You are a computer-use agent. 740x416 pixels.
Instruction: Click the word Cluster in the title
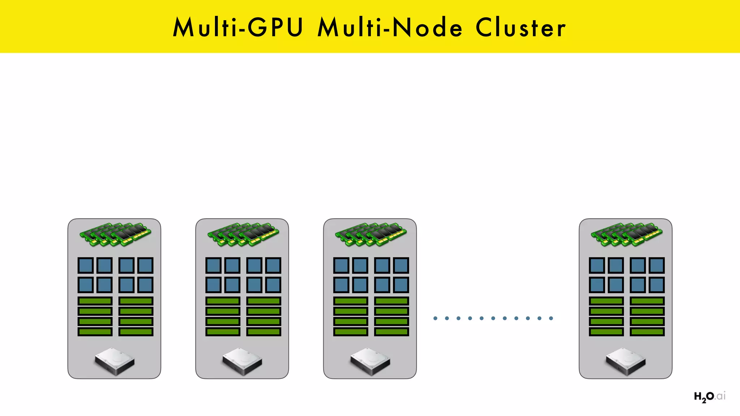520,27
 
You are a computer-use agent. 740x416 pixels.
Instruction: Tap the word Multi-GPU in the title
238,27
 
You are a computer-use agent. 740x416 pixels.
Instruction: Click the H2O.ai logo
709,396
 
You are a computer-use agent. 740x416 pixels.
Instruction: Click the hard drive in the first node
115,361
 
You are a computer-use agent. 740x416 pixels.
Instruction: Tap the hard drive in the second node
242,361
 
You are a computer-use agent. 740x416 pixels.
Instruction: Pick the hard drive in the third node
370,361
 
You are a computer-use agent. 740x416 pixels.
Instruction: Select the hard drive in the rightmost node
625,361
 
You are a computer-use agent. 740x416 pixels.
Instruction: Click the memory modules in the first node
115,234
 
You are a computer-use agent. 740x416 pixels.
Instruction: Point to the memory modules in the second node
243,234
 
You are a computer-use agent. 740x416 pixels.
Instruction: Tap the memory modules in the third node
371,234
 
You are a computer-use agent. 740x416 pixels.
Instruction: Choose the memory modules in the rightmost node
626,234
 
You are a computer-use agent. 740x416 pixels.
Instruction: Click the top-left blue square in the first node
86,265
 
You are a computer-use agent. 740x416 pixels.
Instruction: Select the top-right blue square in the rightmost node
657,265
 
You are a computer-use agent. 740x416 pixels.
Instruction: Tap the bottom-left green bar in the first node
95,331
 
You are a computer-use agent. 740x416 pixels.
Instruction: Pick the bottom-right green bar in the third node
392,331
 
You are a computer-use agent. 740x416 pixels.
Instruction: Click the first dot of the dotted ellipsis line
435,318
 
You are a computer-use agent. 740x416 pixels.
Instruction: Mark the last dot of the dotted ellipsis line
551,318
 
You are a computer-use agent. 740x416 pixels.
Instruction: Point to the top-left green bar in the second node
223,301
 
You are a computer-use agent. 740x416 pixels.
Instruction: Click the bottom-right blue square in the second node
273,285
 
